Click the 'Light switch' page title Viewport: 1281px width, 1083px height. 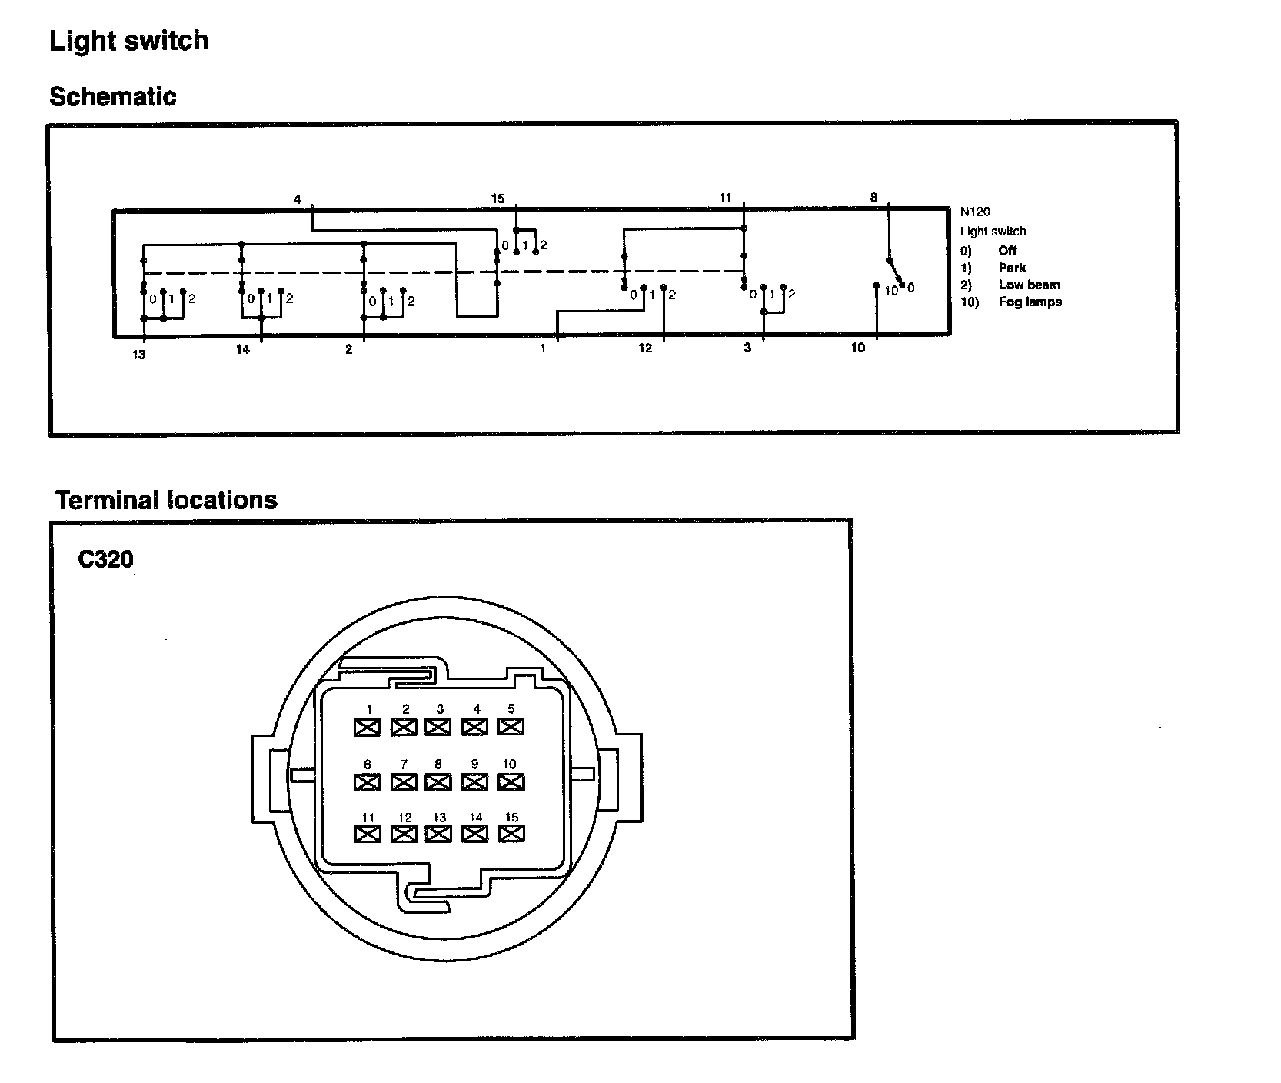(x=128, y=41)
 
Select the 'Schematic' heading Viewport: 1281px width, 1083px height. (x=112, y=97)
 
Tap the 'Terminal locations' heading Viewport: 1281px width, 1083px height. (x=166, y=500)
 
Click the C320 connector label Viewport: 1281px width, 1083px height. (x=105, y=559)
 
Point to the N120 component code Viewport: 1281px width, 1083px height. (x=975, y=212)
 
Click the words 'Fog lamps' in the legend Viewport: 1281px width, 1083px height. (x=1030, y=302)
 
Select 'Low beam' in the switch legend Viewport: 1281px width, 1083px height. (x=1029, y=285)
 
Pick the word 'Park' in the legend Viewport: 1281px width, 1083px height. (x=1012, y=268)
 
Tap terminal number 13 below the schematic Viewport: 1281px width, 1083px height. (x=138, y=355)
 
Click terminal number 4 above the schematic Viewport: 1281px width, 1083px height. (x=297, y=199)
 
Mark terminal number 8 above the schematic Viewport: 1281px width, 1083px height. (x=873, y=198)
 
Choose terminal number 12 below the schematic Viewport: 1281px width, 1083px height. (x=644, y=348)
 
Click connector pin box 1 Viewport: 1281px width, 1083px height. (x=368, y=727)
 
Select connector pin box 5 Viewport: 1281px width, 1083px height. (x=511, y=726)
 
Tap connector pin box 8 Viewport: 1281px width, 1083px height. (x=438, y=781)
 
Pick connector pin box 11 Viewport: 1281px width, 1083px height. (x=368, y=834)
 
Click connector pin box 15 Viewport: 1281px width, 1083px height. (x=511, y=833)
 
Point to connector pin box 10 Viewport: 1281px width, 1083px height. (x=511, y=781)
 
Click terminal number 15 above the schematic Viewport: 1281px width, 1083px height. (x=497, y=198)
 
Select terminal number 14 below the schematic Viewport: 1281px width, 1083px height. (x=242, y=350)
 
